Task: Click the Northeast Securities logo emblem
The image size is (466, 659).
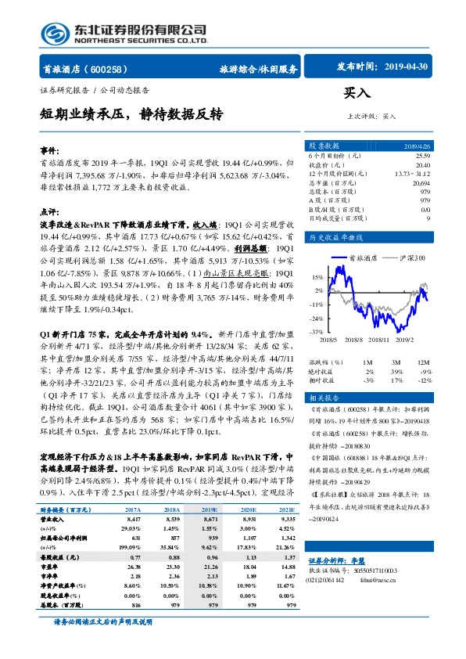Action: click(48, 32)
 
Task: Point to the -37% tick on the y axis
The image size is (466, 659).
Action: click(316, 333)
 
